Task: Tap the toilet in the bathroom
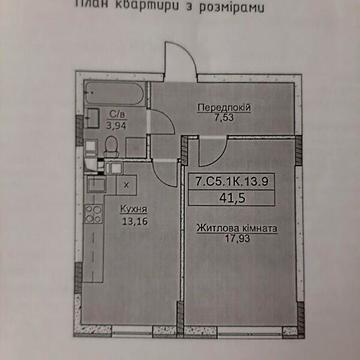point(113,147)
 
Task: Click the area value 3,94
point(114,126)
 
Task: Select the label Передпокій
point(223,107)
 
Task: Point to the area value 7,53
point(223,118)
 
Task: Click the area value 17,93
point(237,241)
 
